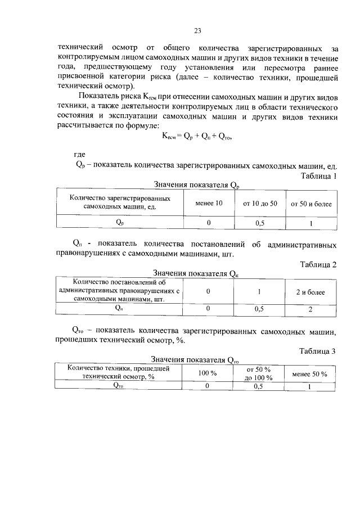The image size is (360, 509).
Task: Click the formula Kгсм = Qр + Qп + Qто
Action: (x=197, y=136)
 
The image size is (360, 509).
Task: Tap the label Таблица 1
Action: (x=318, y=176)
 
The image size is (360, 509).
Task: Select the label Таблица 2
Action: (x=318, y=265)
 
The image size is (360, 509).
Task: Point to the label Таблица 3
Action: (x=318, y=352)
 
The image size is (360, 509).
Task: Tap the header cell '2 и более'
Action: (x=310, y=292)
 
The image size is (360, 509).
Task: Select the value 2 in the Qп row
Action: (x=310, y=309)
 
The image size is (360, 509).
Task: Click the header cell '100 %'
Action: (x=208, y=373)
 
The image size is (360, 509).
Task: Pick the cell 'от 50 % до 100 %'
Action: (x=259, y=373)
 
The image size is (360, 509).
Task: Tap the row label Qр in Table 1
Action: (x=120, y=223)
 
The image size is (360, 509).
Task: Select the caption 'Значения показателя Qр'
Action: (x=197, y=185)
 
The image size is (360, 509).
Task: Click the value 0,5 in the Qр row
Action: (x=260, y=223)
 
